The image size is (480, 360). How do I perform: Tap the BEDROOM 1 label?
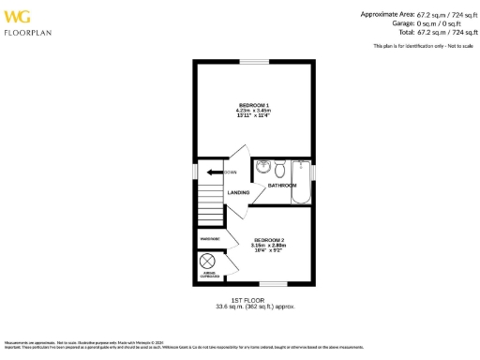253,103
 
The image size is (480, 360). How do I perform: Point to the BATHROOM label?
282,186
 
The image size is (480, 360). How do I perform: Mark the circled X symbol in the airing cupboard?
208,262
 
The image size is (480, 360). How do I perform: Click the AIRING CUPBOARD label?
209,276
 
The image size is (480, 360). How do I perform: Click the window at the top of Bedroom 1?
253,62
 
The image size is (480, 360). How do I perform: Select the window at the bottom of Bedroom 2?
273,284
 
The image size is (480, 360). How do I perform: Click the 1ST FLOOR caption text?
253,300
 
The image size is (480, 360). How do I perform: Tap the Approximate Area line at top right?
418,14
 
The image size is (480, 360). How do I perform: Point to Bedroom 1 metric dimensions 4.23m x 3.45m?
253,110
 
